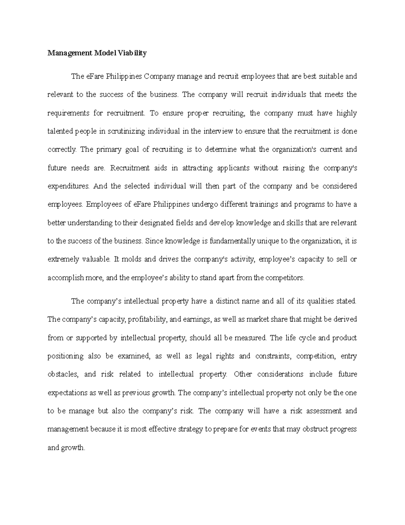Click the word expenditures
[69, 186]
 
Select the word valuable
[96, 259]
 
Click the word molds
[128, 259]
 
